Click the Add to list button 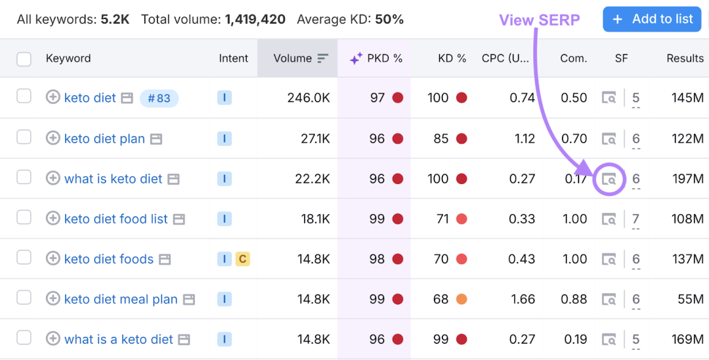(x=653, y=19)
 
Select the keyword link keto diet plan (x=104, y=139)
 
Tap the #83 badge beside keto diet (x=159, y=98)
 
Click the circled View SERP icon (x=609, y=179)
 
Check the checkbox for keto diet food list (x=24, y=218)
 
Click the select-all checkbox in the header (x=24, y=58)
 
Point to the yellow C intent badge (x=242, y=259)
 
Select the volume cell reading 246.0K (x=309, y=98)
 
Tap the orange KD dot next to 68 (x=462, y=300)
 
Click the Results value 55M (x=691, y=300)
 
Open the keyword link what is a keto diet (x=118, y=340)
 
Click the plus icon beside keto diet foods (x=53, y=259)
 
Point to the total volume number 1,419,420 (x=255, y=20)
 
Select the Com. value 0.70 (x=574, y=139)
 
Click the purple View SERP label (x=540, y=20)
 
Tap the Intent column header (x=233, y=58)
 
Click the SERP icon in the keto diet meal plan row (x=609, y=300)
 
